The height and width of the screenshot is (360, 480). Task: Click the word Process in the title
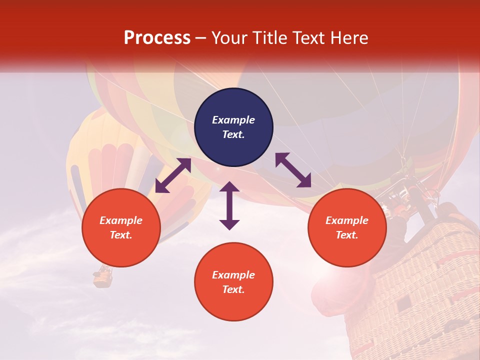[157, 38]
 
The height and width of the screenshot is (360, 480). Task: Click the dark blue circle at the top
[233, 100]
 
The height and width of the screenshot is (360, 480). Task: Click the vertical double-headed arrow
[229, 205]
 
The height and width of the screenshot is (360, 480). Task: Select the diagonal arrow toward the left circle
[173, 175]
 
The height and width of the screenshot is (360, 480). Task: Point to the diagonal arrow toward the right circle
[293, 170]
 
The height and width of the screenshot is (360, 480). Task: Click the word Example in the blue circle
[233, 120]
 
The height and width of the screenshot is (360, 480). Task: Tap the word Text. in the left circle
[121, 235]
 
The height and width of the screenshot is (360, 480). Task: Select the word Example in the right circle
[347, 220]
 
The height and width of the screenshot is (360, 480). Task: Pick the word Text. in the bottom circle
[233, 289]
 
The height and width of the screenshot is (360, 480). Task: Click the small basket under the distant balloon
[103, 277]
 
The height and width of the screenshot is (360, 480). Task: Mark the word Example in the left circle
[121, 220]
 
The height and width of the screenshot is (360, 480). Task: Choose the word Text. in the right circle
[347, 235]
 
